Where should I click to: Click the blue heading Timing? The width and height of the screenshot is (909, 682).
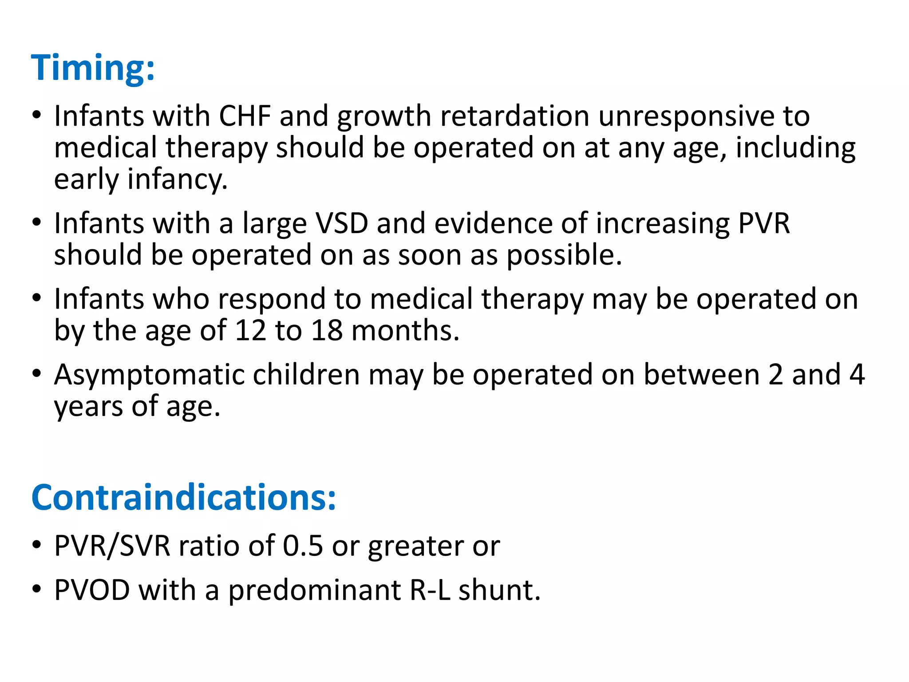pyautogui.click(x=93, y=67)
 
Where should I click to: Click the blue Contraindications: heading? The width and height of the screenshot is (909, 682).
pyautogui.click(x=183, y=497)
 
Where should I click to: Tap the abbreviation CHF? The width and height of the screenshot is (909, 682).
pyautogui.click(x=245, y=116)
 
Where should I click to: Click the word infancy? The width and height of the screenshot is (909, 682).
pyautogui.click(x=178, y=179)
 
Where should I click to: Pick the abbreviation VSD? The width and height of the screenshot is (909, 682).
pyautogui.click(x=341, y=223)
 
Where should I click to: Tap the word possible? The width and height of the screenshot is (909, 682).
pyautogui.click(x=564, y=256)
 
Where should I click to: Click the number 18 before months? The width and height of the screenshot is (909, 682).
pyautogui.click(x=327, y=330)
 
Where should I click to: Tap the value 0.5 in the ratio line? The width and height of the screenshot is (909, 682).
pyautogui.click(x=303, y=546)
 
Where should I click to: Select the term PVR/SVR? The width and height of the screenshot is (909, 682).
pyautogui.click(x=112, y=546)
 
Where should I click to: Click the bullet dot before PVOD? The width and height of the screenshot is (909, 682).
pyautogui.click(x=37, y=589)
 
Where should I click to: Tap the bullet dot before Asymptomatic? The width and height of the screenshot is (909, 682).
pyautogui.click(x=37, y=373)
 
